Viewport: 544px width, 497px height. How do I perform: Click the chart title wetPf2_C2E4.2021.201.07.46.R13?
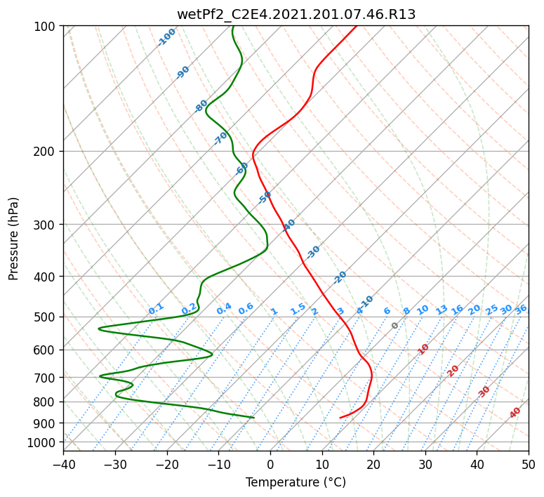[x=296, y=15]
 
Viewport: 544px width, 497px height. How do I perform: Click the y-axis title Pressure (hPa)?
[x=13, y=239]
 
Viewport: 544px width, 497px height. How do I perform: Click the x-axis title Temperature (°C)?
[x=296, y=482]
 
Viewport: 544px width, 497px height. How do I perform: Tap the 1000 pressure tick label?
[x=46, y=443]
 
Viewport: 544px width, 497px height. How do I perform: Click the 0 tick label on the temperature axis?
[x=271, y=464]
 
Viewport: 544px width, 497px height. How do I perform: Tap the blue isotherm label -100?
[x=166, y=37]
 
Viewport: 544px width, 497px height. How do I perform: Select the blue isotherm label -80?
[x=201, y=106]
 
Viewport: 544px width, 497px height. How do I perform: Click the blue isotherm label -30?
[x=312, y=251]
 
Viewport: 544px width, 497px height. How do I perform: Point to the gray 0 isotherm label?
[x=394, y=326]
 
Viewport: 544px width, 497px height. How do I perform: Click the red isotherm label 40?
[x=515, y=413]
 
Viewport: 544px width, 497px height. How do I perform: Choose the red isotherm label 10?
[x=423, y=349]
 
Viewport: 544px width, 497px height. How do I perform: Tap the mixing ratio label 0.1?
[x=156, y=309]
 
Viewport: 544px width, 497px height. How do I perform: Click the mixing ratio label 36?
[x=521, y=310]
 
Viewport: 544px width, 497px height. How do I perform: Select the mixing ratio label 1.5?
[x=298, y=309]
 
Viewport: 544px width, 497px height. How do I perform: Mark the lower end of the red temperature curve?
[x=340, y=418]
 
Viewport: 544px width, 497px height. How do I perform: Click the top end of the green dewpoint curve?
[x=233, y=26]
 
